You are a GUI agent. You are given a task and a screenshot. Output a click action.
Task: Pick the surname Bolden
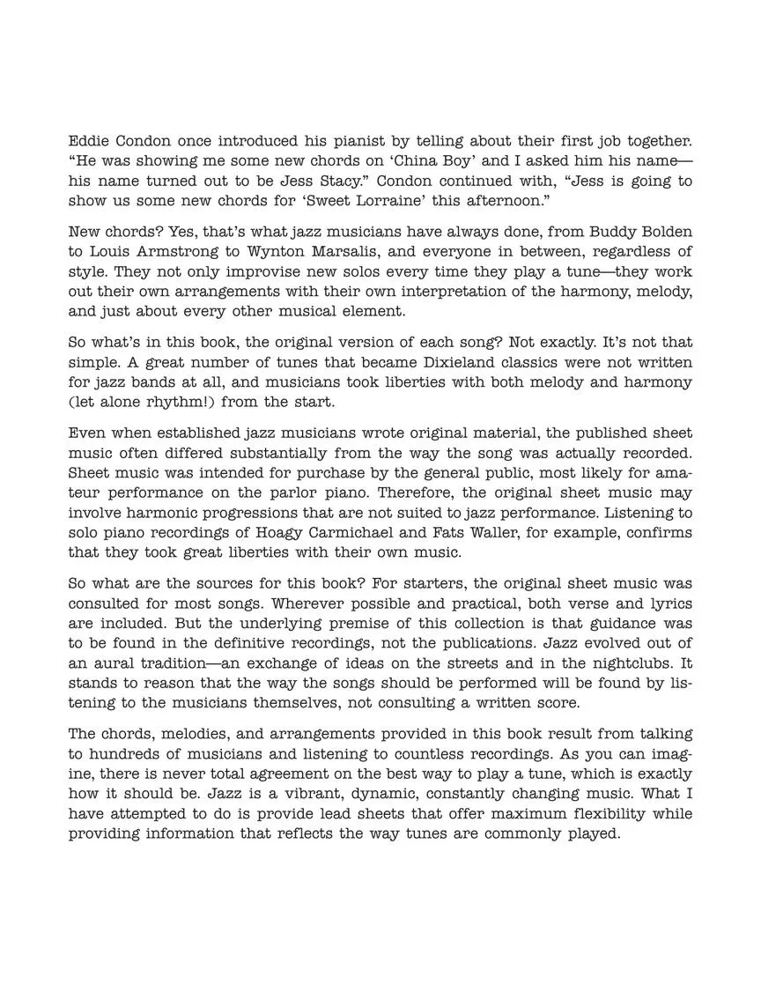pyautogui.click(x=661, y=232)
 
